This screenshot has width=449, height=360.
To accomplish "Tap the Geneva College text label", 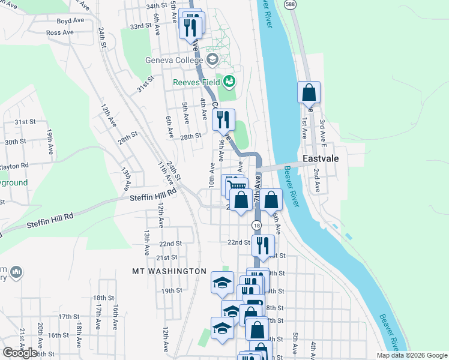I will point(173,60).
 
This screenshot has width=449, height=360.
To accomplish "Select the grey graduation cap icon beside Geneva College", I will point(212,59).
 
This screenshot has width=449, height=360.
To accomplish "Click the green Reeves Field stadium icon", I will point(229,80).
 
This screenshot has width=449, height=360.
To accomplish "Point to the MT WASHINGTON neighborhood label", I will point(169,271).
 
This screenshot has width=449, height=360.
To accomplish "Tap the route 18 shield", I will point(257,224).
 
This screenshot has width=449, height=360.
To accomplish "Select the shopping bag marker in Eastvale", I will point(309,94).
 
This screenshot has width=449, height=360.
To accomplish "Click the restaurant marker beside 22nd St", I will point(262,245).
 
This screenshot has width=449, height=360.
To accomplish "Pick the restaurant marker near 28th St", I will point(223,120).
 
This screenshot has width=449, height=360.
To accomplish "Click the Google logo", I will point(20,353).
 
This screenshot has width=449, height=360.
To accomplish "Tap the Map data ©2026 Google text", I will point(411,355).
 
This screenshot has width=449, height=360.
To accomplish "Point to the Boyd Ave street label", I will point(70,20).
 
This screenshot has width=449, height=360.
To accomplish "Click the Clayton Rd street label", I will point(13,165).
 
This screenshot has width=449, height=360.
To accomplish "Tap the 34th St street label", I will point(155,5).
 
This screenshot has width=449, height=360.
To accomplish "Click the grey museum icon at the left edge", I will point(16,272).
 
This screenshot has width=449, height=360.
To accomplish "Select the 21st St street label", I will point(166,257).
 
